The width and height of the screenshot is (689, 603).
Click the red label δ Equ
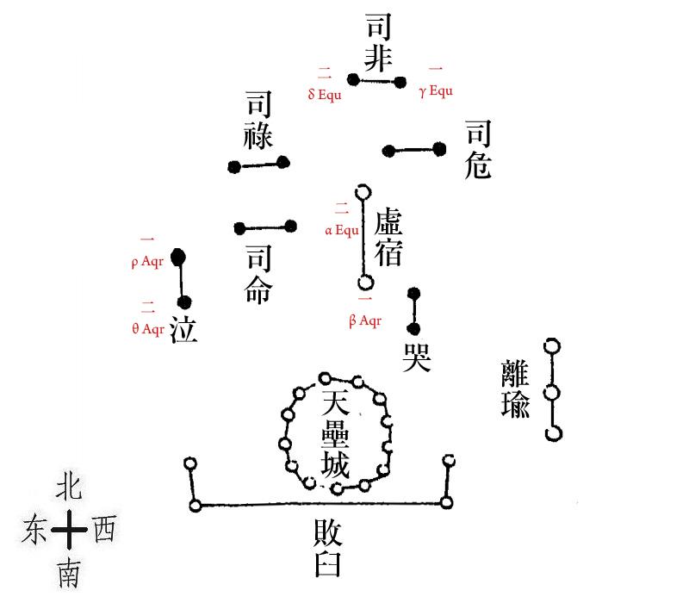[325, 95]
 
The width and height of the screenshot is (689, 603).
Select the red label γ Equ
[436, 91]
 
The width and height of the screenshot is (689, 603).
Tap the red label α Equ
[342, 230]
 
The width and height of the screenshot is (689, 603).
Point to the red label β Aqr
[365, 321]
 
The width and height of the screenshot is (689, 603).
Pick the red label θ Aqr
[147, 328]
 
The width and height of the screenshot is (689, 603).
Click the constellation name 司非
[380, 43]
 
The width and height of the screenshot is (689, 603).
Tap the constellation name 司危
[479, 150]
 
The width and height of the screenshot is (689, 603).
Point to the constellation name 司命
[258, 275]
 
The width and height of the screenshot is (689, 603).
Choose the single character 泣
[183, 329]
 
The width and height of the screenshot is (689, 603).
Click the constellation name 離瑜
[515, 389]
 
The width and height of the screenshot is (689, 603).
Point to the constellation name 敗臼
[330, 549]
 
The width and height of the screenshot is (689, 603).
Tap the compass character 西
[102, 528]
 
